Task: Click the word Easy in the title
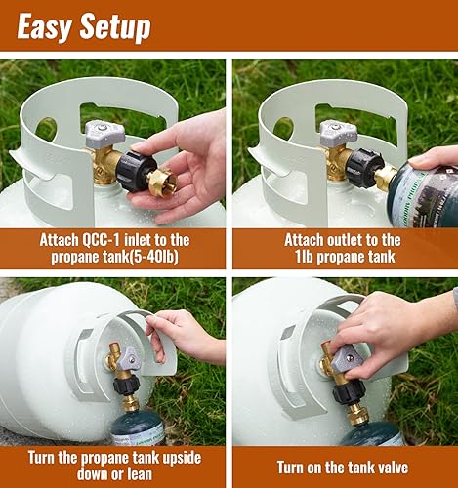click(x=44, y=25)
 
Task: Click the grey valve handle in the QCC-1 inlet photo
click(x=102, y=134)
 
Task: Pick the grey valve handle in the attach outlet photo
click(x=333, y=133)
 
